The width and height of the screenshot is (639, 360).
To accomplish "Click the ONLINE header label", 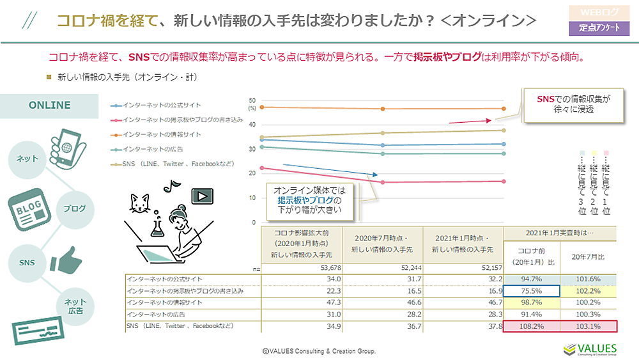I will point(49,106).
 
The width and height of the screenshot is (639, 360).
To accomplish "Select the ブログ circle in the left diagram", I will point(75,208).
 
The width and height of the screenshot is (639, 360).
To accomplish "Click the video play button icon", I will point(202,196).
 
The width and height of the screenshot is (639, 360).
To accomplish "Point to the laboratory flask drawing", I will point(154,224).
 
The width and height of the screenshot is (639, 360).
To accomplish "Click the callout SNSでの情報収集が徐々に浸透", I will point(573,104).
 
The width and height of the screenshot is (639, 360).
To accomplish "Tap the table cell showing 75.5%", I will point(532,290).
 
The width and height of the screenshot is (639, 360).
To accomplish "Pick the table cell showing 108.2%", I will point(532,326).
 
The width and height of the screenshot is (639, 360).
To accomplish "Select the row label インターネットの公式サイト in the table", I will point(166,279).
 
